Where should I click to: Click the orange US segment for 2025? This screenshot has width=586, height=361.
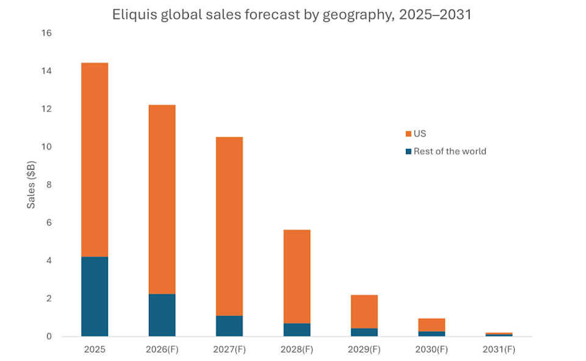point(95,160)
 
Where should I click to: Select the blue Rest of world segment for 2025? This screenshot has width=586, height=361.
point(95,296)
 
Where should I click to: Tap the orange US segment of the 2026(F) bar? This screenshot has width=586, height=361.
point(162,199)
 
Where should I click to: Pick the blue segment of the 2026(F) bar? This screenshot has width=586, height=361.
point(162,315)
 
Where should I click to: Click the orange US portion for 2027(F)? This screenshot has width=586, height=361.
point(230,226)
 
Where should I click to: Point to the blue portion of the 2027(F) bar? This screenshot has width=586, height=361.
point(230,326)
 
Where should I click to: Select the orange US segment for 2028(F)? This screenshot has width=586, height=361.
point(297,277)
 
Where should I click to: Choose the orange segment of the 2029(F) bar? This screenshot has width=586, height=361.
point(364,312)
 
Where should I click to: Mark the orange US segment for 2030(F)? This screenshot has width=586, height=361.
point(432,325)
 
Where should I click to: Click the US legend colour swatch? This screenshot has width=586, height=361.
point(408,134)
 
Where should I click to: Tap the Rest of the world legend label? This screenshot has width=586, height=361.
point(450,151)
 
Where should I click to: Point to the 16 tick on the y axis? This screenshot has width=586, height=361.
point(47,33)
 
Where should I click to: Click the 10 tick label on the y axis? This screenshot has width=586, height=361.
point(47,147)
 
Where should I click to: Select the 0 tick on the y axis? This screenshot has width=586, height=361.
point(49,337)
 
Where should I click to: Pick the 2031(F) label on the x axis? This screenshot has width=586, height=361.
point(499,349)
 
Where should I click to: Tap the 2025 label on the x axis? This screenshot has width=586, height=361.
point(95,349)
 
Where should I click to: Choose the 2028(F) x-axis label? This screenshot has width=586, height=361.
point(297,349)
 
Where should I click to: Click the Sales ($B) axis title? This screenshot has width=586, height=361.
point(31,184)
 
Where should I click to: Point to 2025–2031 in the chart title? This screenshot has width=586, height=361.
point(435,15)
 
